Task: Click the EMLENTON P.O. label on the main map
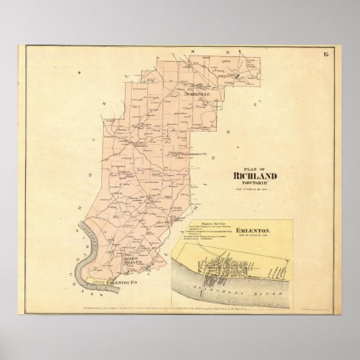(124, 280)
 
